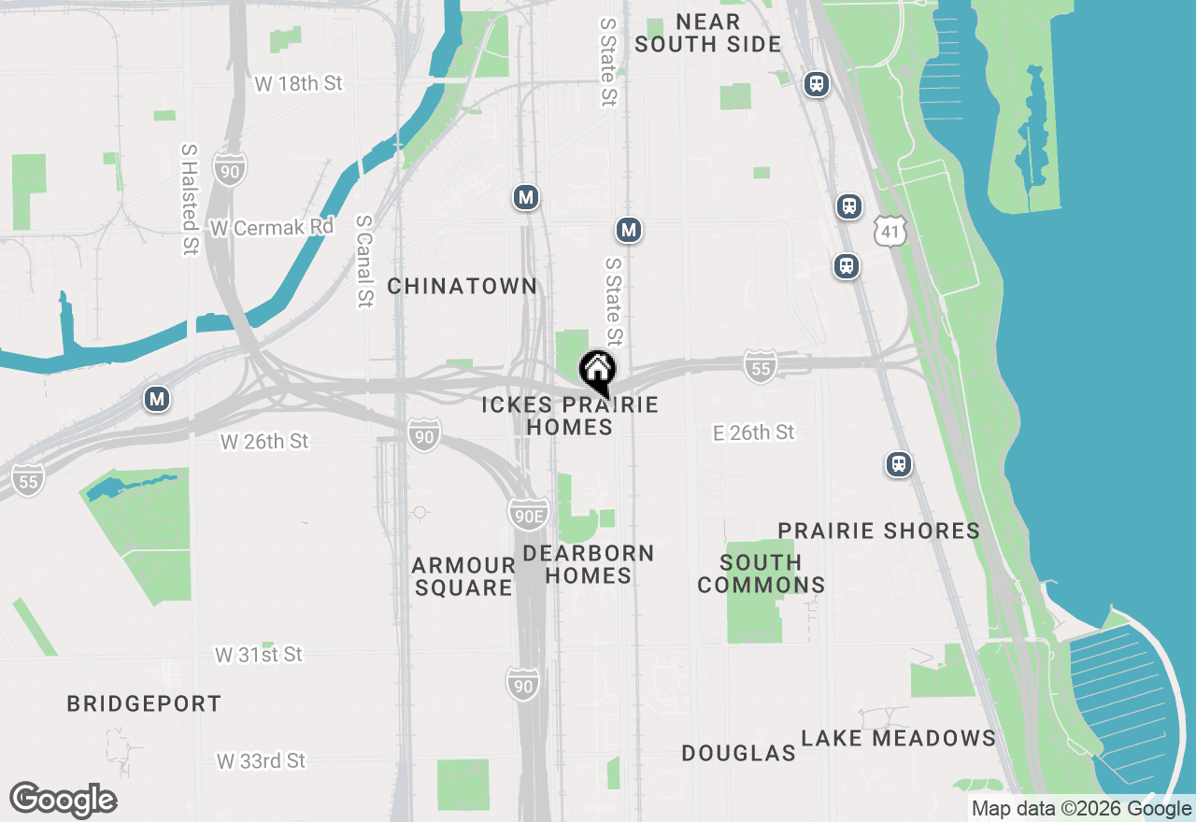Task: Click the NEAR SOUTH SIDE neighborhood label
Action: (707, 33)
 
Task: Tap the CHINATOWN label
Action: (463, 286)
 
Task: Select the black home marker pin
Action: (597, 372)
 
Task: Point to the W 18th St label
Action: (298, 83)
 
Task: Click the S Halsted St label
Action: (190, 199)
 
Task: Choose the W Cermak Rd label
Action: (271, 227)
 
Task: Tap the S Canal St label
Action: (363, 262)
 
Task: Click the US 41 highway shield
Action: (891, 230)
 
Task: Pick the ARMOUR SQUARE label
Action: (463, 576)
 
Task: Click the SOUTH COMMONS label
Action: (761, 574)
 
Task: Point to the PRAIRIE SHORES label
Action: (878, 531)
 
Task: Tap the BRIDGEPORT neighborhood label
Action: (144, 703)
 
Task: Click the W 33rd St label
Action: (261, 761)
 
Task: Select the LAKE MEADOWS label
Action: (898, 738)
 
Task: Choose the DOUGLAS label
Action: (738, 753)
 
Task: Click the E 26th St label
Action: (753, 432)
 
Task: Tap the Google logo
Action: (63, 800)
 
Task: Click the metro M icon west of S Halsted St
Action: (157, 400)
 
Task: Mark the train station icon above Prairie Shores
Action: (899, 464)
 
